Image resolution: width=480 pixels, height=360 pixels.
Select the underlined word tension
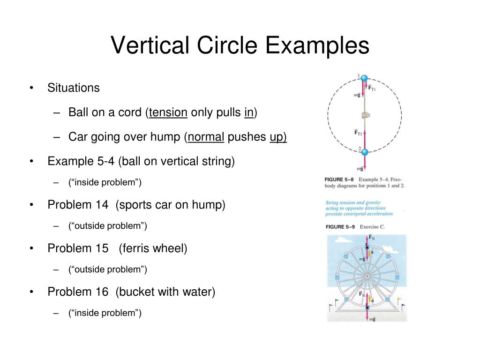[168, 112]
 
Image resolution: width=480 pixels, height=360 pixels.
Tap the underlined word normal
[206, 137]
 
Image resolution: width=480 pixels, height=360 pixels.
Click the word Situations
[74, 88]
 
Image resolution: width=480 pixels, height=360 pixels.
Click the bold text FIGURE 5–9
[340, 227]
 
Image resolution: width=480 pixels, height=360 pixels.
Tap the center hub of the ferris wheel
[367, 277]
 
